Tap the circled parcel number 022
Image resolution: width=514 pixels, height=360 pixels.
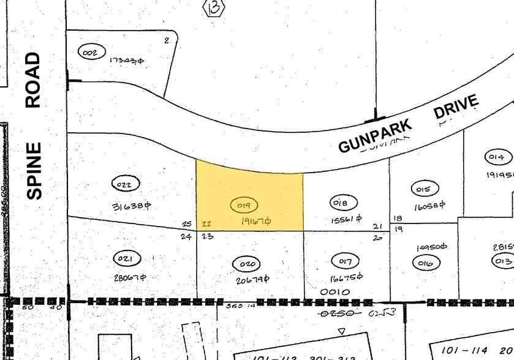(x=127, y=183)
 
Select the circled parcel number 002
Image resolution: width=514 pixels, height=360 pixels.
(x=90, y=53)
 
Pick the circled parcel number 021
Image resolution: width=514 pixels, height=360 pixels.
(x=126, y=259)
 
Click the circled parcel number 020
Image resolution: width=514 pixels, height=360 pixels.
(x=248, y=264)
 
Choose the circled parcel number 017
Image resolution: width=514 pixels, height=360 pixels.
(x=345, y=262)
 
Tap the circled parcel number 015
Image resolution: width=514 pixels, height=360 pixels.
(x=423, y=189)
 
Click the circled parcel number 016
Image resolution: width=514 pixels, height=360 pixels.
(x=426, y=264)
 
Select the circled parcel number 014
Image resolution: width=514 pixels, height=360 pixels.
(x=496, y=157)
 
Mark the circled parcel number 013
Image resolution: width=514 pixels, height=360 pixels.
(x=504, y=261)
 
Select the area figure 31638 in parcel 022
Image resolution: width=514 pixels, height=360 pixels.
(x=131, y=206)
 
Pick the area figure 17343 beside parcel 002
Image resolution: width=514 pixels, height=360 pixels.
(x=126, y=61)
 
